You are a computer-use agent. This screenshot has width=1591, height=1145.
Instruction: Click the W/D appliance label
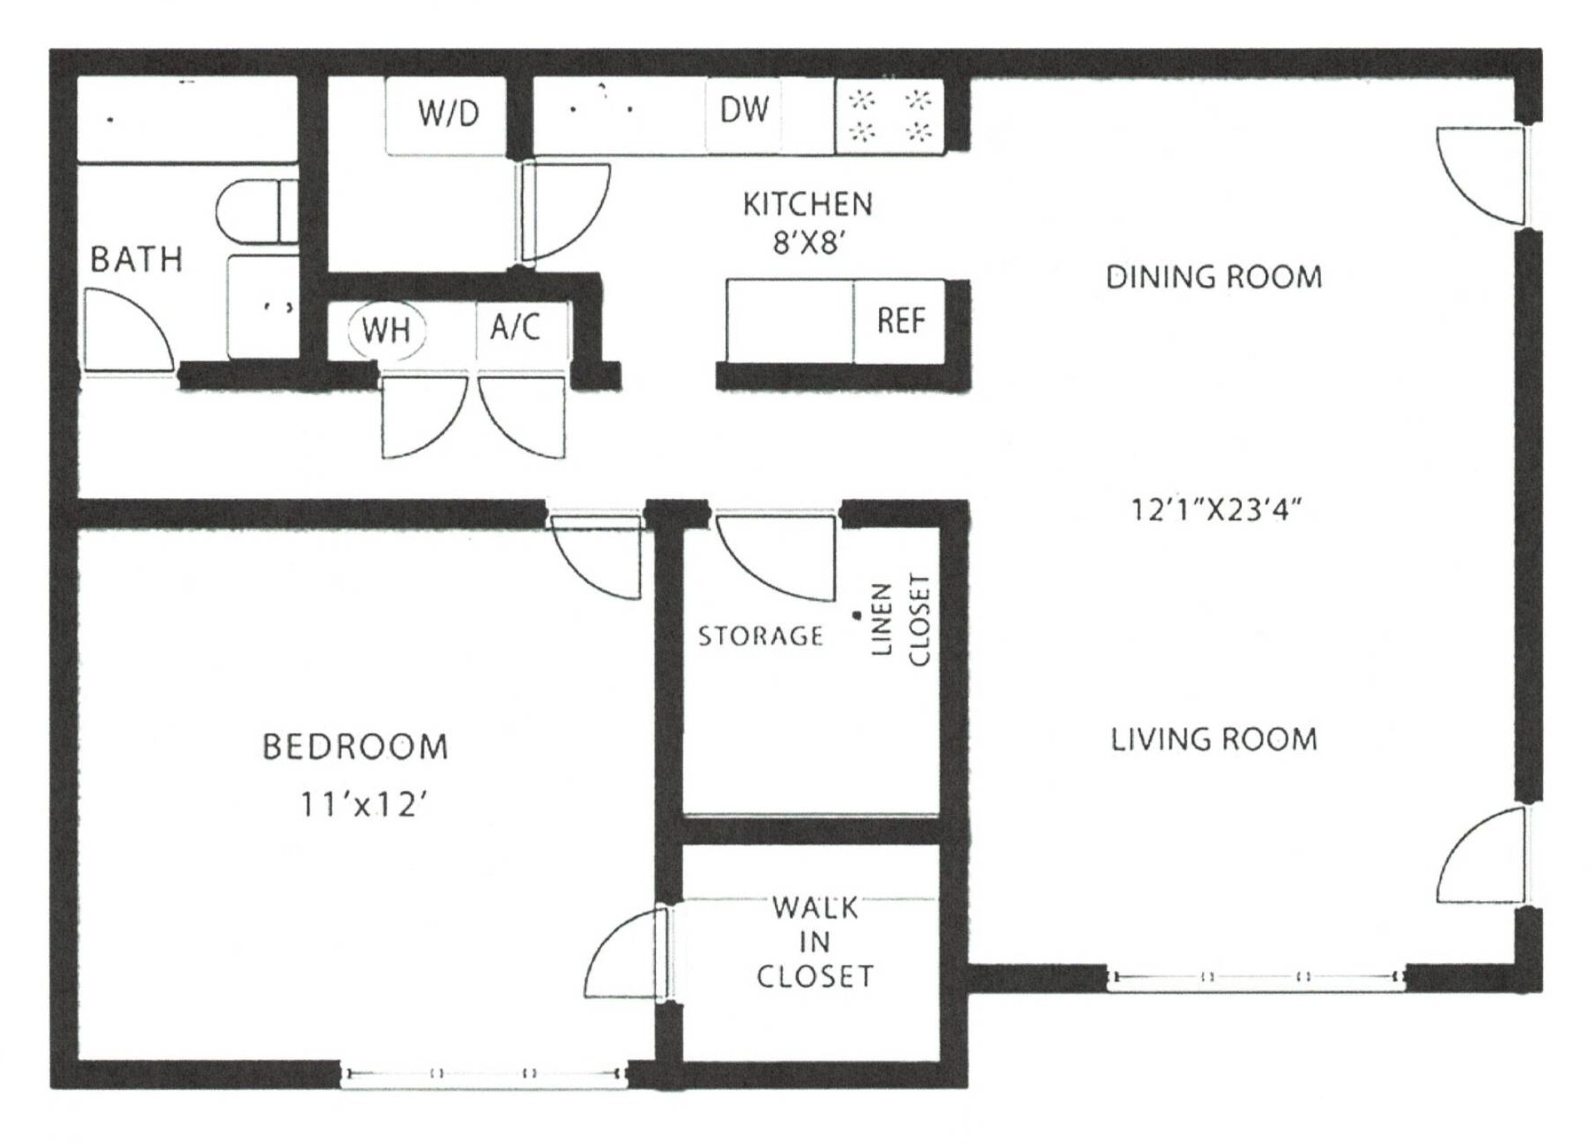[x=447, y=113]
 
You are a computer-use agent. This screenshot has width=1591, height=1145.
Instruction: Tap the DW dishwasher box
[x=744, y=110]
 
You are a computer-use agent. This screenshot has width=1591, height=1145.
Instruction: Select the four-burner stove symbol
[x=889, y=115]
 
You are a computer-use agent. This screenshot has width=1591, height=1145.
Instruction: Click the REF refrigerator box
[x=900, y=320]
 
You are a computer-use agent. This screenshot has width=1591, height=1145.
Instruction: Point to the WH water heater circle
[x=387, y=330]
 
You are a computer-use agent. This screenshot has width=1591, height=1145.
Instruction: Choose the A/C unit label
[x=515, y=327]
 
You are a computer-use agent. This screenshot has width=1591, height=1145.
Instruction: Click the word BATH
[x=136, y=260]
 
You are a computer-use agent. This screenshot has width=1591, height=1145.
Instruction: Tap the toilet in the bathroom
[x=257, y=211]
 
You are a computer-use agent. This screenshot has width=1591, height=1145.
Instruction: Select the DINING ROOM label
[x=1213, y=278]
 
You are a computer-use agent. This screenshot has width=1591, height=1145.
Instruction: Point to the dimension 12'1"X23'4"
[x=1215, y=510]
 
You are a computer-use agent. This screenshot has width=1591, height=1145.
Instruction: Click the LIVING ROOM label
[x=1213, y=739]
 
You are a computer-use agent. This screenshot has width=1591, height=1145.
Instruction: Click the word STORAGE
[x=760, y=636]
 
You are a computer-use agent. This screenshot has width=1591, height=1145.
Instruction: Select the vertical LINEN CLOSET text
[x=899, y=620]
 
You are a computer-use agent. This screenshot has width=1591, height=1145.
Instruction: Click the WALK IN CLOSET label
[x=813, y=942]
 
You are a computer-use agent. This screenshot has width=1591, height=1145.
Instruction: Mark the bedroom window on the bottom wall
[x=484, y=1073]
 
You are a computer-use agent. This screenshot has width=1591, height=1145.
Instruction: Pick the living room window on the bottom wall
[x=1255, y=977]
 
